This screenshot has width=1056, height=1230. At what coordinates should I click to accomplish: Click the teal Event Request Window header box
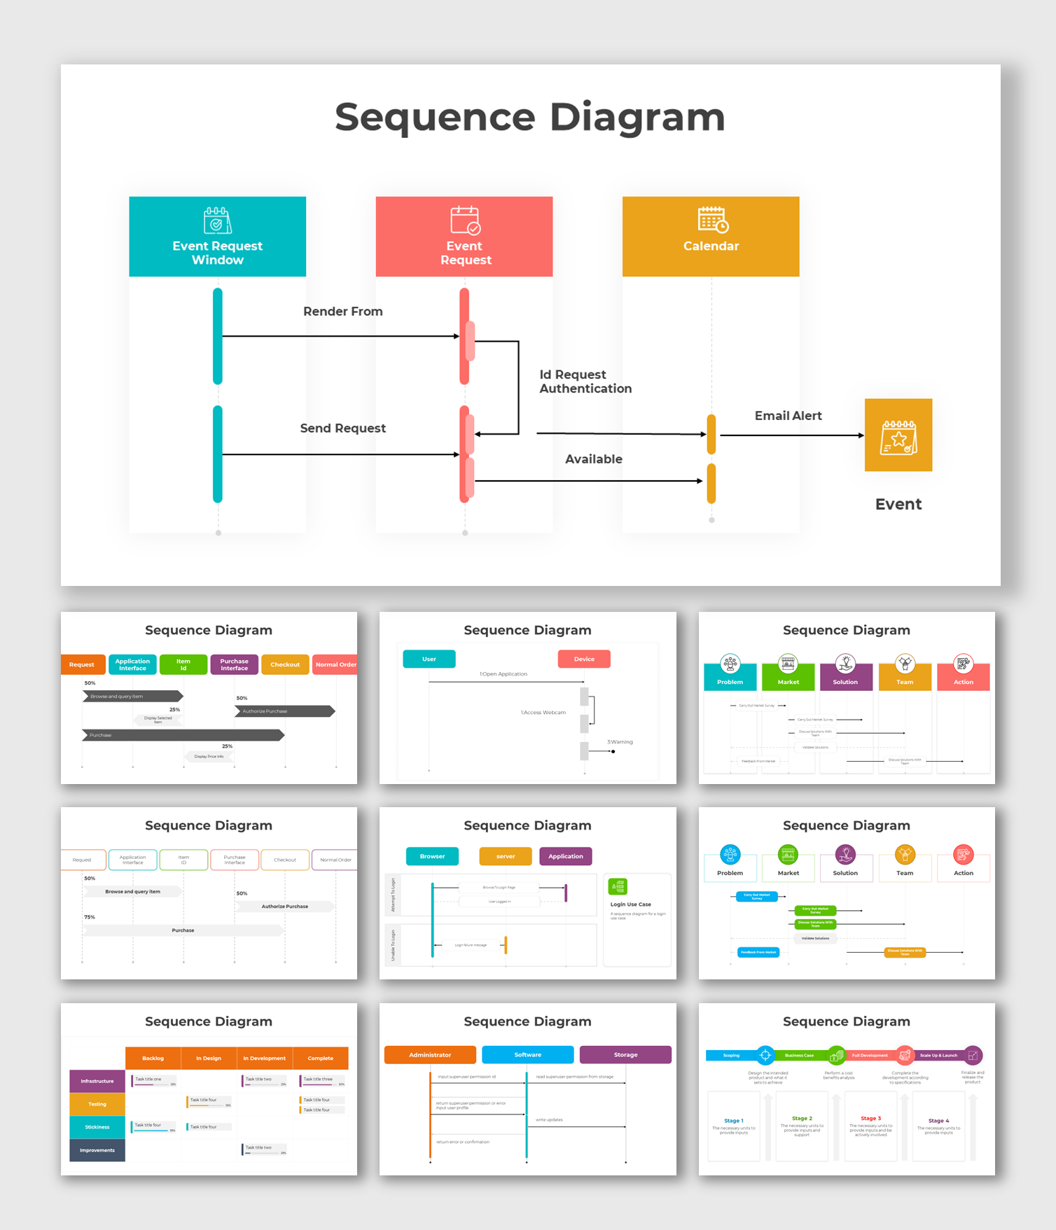217,237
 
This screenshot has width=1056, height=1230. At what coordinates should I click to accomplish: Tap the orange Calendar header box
711,237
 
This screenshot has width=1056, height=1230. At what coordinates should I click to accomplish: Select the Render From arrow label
342,312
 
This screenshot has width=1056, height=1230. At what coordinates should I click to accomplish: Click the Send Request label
342,428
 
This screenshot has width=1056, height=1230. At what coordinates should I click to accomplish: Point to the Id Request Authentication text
585,382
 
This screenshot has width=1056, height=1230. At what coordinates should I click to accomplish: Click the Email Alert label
788,416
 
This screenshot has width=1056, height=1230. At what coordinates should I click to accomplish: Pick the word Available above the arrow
593,459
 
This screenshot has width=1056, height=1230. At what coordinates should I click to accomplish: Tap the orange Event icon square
898,435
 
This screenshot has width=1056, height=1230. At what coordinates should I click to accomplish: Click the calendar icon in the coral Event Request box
465,220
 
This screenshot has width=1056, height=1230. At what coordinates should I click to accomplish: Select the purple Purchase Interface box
234,664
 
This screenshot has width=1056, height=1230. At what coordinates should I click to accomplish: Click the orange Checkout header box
285,664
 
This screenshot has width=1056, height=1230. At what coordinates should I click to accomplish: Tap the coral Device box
584,659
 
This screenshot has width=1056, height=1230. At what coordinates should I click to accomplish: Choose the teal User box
429,659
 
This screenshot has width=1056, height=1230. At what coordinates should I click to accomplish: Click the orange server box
505,856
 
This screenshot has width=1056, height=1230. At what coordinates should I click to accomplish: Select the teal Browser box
432,856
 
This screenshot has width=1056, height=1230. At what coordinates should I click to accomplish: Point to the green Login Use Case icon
618,886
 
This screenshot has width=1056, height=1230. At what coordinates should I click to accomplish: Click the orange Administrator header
430,1055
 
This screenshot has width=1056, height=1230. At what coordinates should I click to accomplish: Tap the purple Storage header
625,1055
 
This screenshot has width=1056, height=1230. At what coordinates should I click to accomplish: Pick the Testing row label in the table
97,1104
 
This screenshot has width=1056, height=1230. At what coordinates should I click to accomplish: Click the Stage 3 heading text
870,1119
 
